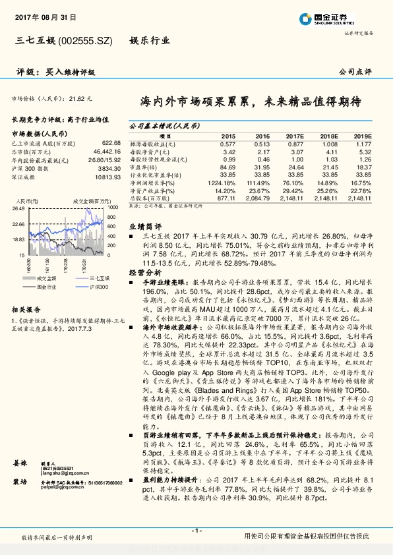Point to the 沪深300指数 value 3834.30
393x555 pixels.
pyautogui.click(x=108, y=168)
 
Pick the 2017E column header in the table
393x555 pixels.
pyautogui.click(x=293, y=134)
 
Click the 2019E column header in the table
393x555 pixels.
pyautogui.click(x=361, y=134)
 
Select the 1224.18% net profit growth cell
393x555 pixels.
pyautogui.click(x=222, y=182)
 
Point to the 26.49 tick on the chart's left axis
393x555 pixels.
pyautogui.click(x=18, y=208)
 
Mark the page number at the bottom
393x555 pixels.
pyautogui.click(x=196, y=531)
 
